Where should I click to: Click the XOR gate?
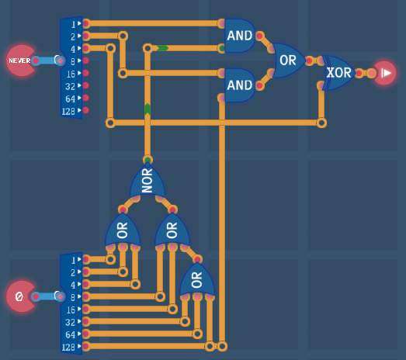pyautogui.click(x=338, y=73)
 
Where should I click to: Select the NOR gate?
pyautogui.click(x=147, y=180)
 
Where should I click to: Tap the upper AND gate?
pyautogui.click(x=240, y=36)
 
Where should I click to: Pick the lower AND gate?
pyautogui.click(x=240, y=85)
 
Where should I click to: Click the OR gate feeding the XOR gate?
pyautogui.click(x=288, y=61)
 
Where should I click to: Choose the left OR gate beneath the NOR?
pyautogui.click(x=123, y=230)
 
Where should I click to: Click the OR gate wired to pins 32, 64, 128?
pyautogui.click(x=196, y=279)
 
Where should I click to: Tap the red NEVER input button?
pyautogui.click(x=20, y=61)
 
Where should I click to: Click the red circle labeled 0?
pyautogui.click(x=20, y=296)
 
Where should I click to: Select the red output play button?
pyautogui.click(x=385, y=73)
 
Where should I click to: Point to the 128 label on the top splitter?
pyautogui.click(x=68, y=111)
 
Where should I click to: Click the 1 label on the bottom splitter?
pyautogui.click(x=73, y=260)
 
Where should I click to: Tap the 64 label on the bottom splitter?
pyautogui.click(x=70, y=334)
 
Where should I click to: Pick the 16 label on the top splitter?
pyautogui.click(x=71, y=74)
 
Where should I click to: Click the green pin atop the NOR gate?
pyautogui.click(x=147, y=159)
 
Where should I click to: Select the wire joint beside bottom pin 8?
pyautogui.click(x=160, y=296)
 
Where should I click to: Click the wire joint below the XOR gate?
pyautogui.click(x=321, y=123)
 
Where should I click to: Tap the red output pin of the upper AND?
pyautogui.click(x=259, y=36)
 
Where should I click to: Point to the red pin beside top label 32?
pyautogui.click(x=86, y=85)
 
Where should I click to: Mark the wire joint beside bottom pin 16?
pyautogui.click(x=172, y=309)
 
